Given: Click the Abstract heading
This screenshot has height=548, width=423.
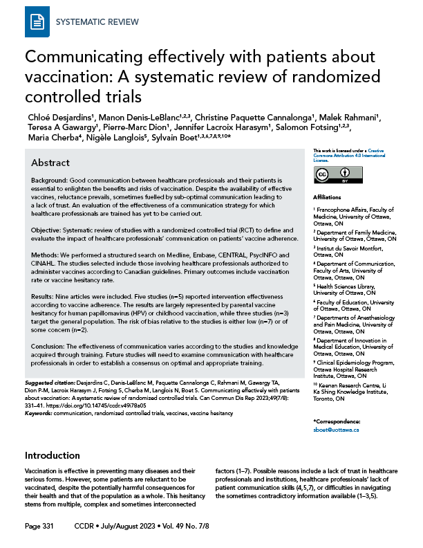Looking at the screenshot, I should point(50,163).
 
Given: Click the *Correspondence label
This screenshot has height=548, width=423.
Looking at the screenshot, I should point(337,421).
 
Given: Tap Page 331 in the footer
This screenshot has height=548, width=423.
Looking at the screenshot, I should point(38,527).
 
